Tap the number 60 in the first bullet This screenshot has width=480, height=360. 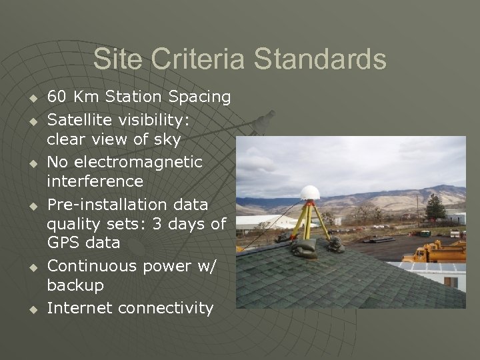(57, 97)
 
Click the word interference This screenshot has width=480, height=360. (95, 181)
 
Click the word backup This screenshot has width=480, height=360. (75, 285)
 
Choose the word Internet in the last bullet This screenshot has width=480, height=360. (79, 308)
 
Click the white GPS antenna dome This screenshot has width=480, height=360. (310, 193)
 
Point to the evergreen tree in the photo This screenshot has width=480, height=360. (435, 208)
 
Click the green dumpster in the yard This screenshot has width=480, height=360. (425, 233)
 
